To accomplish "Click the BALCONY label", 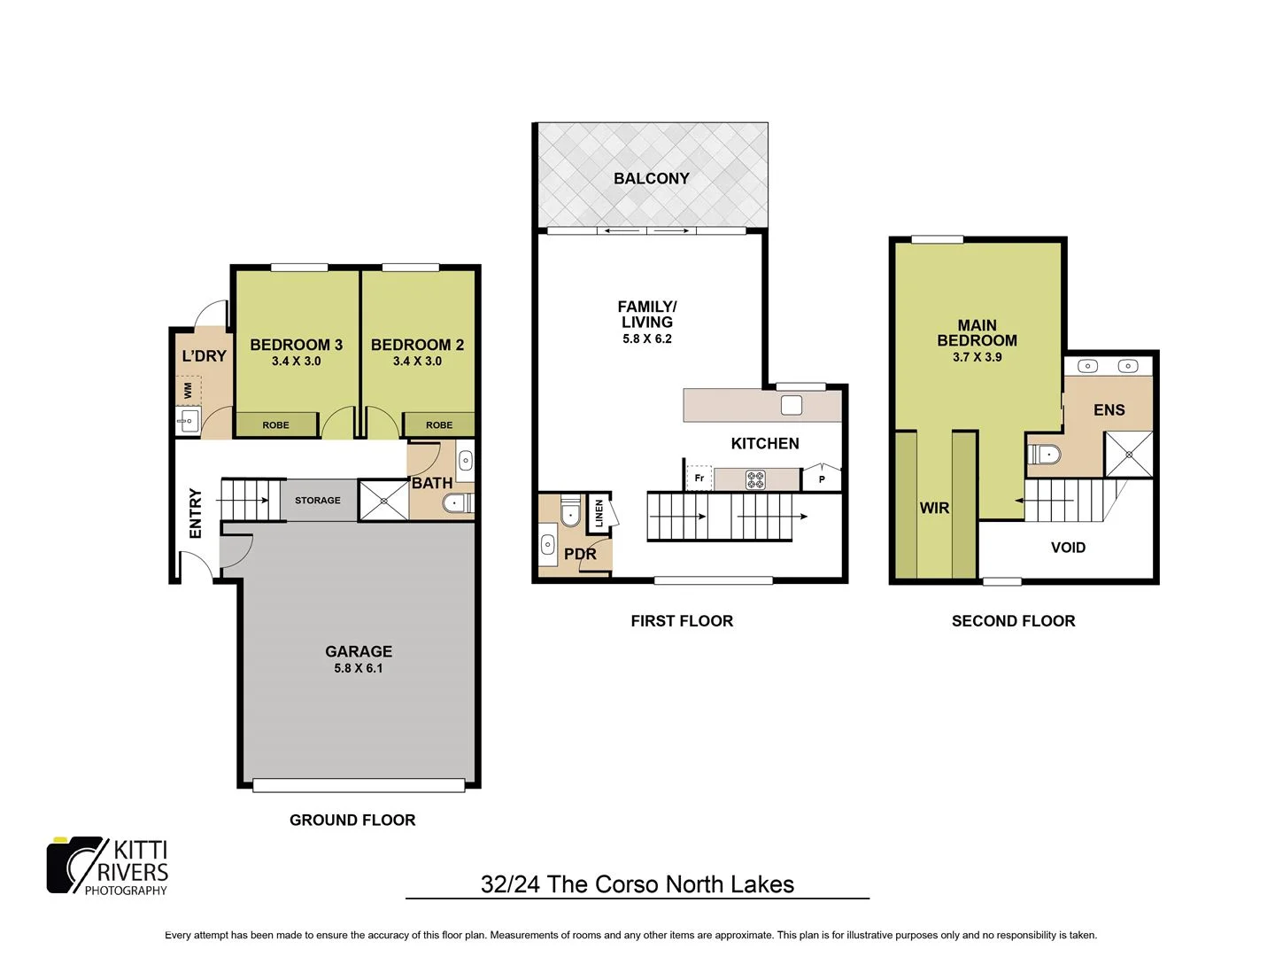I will [x=651, y=178].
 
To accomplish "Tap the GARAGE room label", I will [x=358, y=651].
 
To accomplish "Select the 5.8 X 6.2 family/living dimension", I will [x=646, y=339].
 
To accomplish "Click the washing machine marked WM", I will [x=189, y=390].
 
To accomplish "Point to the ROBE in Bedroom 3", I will [x=275, y=425].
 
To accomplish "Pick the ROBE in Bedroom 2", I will [x=438, y=425].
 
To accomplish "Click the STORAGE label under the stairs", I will [x=317, y=501].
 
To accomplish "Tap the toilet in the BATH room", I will [x=456, y=503].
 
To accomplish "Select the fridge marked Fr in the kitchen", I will [x=699, y=478].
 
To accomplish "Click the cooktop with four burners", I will [x=755, y=479].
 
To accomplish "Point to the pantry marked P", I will [x=822, y=479].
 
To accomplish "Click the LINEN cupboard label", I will [x=599, y=513].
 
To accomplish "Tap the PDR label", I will [x=580, y=554].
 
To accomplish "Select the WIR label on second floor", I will [x=934, y=508].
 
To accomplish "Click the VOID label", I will [x=1068, y=548].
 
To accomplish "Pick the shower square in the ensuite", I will [x=1129, y=455].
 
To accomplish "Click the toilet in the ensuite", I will [x=1044, y=455].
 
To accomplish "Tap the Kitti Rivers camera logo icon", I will [x=75, y=865].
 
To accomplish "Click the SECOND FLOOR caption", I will [x=1013, y=621].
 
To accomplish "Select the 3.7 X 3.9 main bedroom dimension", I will [x=977, y=357].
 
